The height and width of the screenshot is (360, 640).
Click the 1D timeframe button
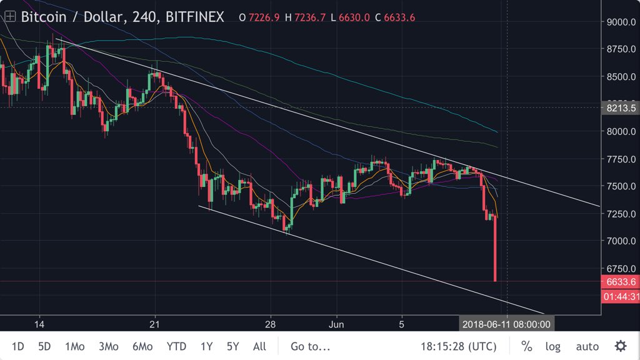point(18,346)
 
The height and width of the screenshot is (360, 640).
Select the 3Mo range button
point(108,346)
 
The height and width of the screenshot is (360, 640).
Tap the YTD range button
point(176,346)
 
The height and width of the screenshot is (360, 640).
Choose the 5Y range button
point(232,346)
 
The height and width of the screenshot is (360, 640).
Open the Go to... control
point(311,346)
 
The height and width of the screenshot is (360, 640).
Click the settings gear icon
point(620,346)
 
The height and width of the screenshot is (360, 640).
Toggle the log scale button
point(553,346)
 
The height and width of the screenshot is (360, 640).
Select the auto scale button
point(587,346)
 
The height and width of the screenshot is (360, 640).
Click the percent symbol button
point(527,346)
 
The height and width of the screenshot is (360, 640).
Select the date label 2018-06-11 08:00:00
point(507,324)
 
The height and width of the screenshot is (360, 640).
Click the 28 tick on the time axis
point(271,324)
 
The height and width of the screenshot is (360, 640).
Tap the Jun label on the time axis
point(336,324)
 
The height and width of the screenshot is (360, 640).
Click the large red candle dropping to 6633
point(495,250)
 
